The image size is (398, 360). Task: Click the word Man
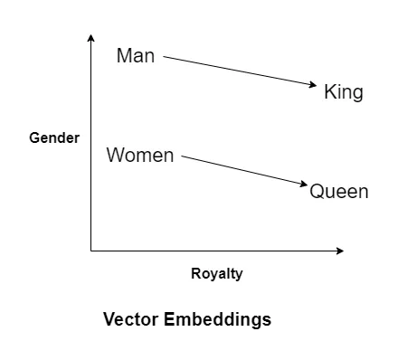(x=136, y=56)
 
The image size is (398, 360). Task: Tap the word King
(x=344, y=92)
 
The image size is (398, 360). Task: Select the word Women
(x=140, y=156)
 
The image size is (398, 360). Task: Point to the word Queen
(x=339, y=192)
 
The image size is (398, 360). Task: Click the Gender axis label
(x=54, y=138)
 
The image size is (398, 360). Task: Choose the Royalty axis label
(x=217, y=274)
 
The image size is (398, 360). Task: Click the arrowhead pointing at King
(x=317, y=86)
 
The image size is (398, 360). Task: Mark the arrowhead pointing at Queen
(x=305, y=185)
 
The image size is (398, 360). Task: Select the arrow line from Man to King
(x=240, y=72)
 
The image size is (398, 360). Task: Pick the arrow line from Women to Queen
(x=244, y=171)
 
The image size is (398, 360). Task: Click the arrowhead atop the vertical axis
(x=91, y=37)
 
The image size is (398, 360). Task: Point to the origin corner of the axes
(x=91, y=250)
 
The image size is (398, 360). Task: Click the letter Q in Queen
(x=317, y=192)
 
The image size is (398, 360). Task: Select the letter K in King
(x=329, y=92)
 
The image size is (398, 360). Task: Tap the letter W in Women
(x=115, y=156)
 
